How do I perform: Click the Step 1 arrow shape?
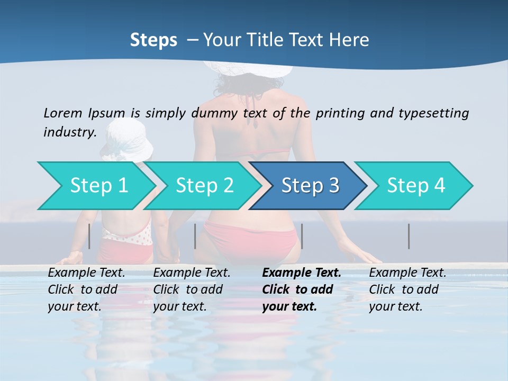[98, 186]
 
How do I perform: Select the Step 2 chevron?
[204, 186]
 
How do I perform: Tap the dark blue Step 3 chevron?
[310, 186]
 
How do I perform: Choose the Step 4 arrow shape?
[416, 186]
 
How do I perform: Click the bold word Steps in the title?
[153, 40]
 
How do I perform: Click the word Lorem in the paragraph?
[62, 113]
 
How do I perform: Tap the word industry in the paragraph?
[69, 132]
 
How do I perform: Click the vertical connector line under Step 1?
[89, 236]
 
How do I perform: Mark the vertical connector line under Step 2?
[195, 236]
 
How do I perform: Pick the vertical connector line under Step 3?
[302, 236]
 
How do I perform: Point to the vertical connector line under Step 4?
[409, 236]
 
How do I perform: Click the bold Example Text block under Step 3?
[302, 289]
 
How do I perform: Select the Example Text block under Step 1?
[86, 289]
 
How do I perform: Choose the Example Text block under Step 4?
[407, 289]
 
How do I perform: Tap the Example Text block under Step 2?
[192, 289]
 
